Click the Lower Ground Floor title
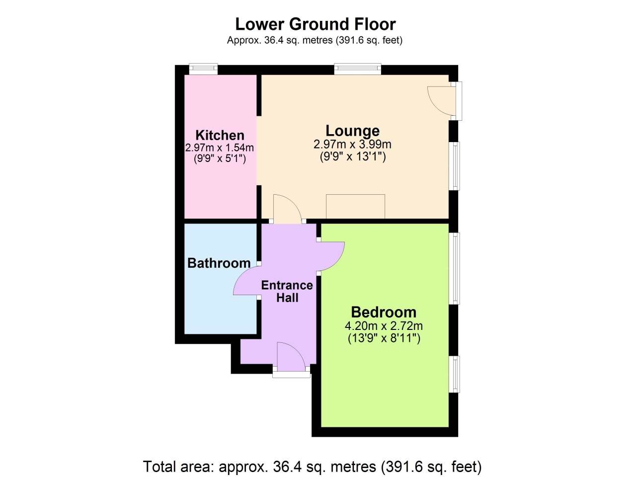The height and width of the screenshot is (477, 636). (x=315, y=24)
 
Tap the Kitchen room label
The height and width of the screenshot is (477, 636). (x=220, y=135)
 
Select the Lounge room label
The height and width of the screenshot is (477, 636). (x=352, y=131)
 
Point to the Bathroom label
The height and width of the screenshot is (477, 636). (x=219, y=263)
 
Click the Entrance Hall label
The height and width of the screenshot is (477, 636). (x=287, y=291)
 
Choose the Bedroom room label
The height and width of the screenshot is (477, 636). (x=384, y=312)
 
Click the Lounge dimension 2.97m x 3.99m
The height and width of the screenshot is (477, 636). (x=352, y=145)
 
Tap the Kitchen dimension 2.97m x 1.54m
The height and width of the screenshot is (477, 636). (x=220, y=148)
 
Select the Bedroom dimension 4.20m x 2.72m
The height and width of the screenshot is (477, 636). (x=384, y=326)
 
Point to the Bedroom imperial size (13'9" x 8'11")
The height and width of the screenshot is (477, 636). (x=384, y=338)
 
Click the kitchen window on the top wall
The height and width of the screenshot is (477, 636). (x=203, y=69)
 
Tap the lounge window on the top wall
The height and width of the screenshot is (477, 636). (x=358, y=69)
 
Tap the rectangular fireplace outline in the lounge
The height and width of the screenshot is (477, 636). (x=355, y=206)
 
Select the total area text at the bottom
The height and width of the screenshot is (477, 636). (x=313, y=467)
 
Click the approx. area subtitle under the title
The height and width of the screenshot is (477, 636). (x=315, y=40)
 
